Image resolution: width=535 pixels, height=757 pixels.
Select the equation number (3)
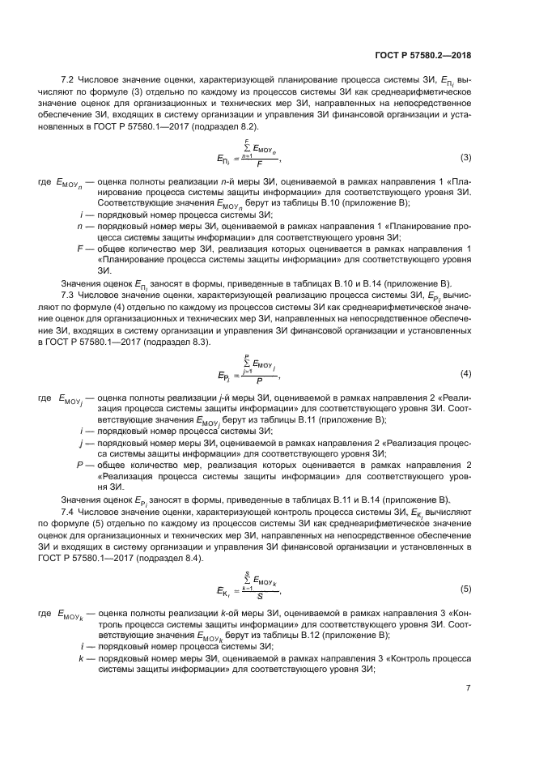(465, 156)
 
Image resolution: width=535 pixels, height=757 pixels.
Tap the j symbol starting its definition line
(81, 444)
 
